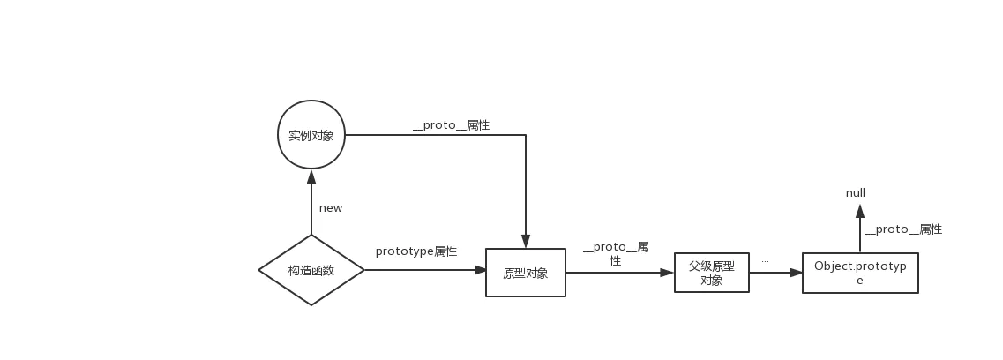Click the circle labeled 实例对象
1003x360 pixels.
click(311, 135)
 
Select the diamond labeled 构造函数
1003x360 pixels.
click(311, 270)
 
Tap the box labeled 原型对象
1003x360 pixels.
click(526, 273)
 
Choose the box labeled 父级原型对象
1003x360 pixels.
click(712, 273)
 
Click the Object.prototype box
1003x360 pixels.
click(860, 273)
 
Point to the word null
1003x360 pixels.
click(856, 193)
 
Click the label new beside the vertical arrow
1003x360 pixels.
click(331, 208)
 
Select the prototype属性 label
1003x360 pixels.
click(416, 251)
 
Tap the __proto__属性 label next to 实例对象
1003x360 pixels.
click(451, 125)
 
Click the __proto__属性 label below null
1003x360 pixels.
click(903, 229)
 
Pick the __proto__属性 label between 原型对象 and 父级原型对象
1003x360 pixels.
click(616, 253)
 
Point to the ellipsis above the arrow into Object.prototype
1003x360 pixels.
click(765, 261)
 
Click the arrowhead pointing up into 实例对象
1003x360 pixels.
click(311, 176)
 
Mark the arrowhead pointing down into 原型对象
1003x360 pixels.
click(526, 241)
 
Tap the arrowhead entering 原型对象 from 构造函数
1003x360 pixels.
click(481, 270)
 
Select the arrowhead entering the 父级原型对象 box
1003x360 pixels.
click(668, 273)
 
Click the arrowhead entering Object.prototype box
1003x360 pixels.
click(797, 273)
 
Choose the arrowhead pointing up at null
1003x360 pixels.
click(860, 211)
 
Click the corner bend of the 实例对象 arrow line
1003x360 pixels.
click(526, 135)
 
